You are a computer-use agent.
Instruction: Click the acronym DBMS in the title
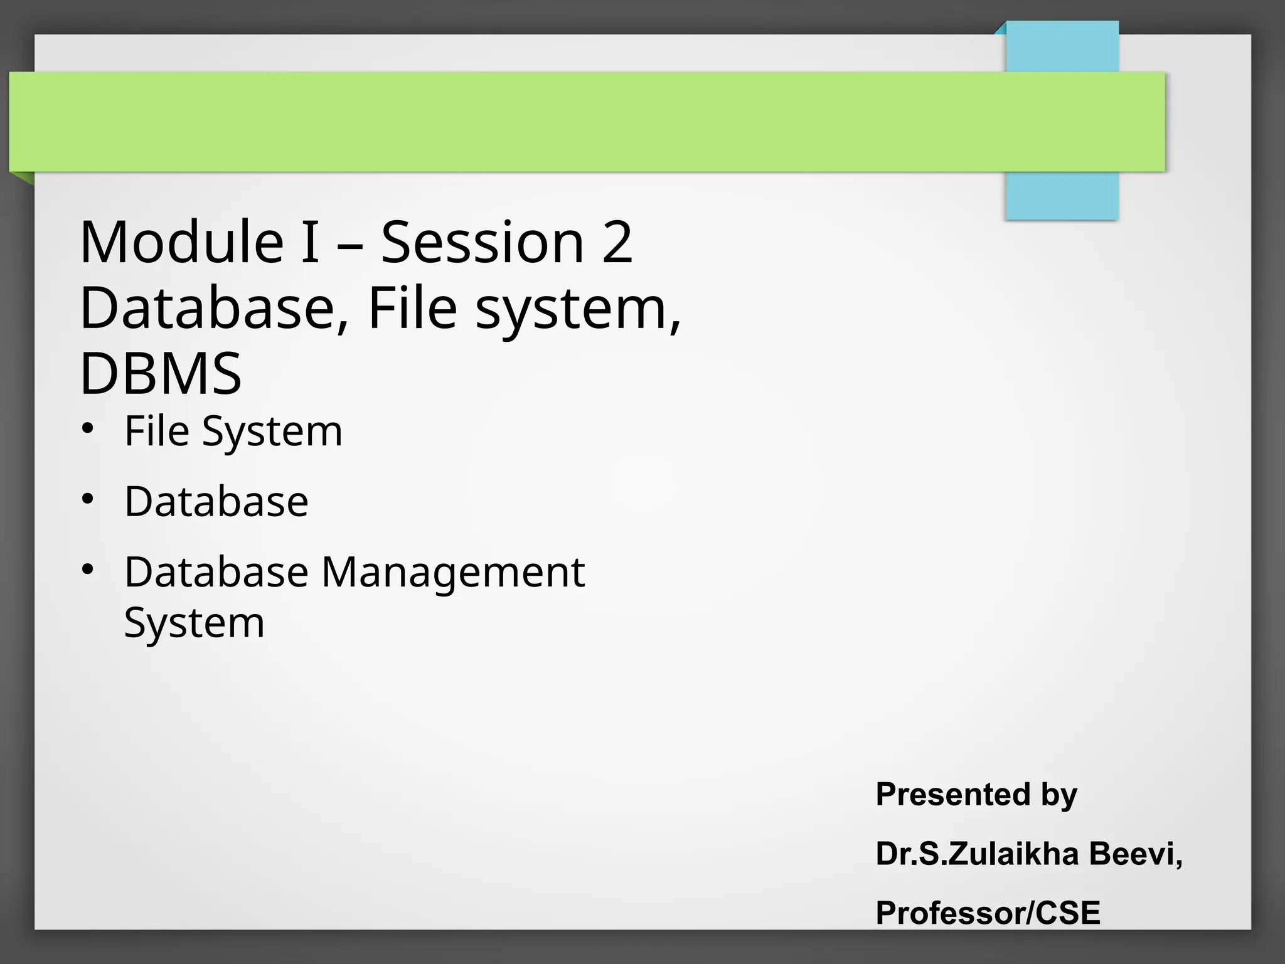click(161, 374)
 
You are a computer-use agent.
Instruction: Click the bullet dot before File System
click(87, 428)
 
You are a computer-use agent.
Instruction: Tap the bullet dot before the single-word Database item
click(87, 499)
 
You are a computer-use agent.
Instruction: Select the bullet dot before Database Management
click(87, 569)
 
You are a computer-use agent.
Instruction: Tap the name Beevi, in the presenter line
click(1136, 854)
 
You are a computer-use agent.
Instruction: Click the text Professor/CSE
click(988, 913)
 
